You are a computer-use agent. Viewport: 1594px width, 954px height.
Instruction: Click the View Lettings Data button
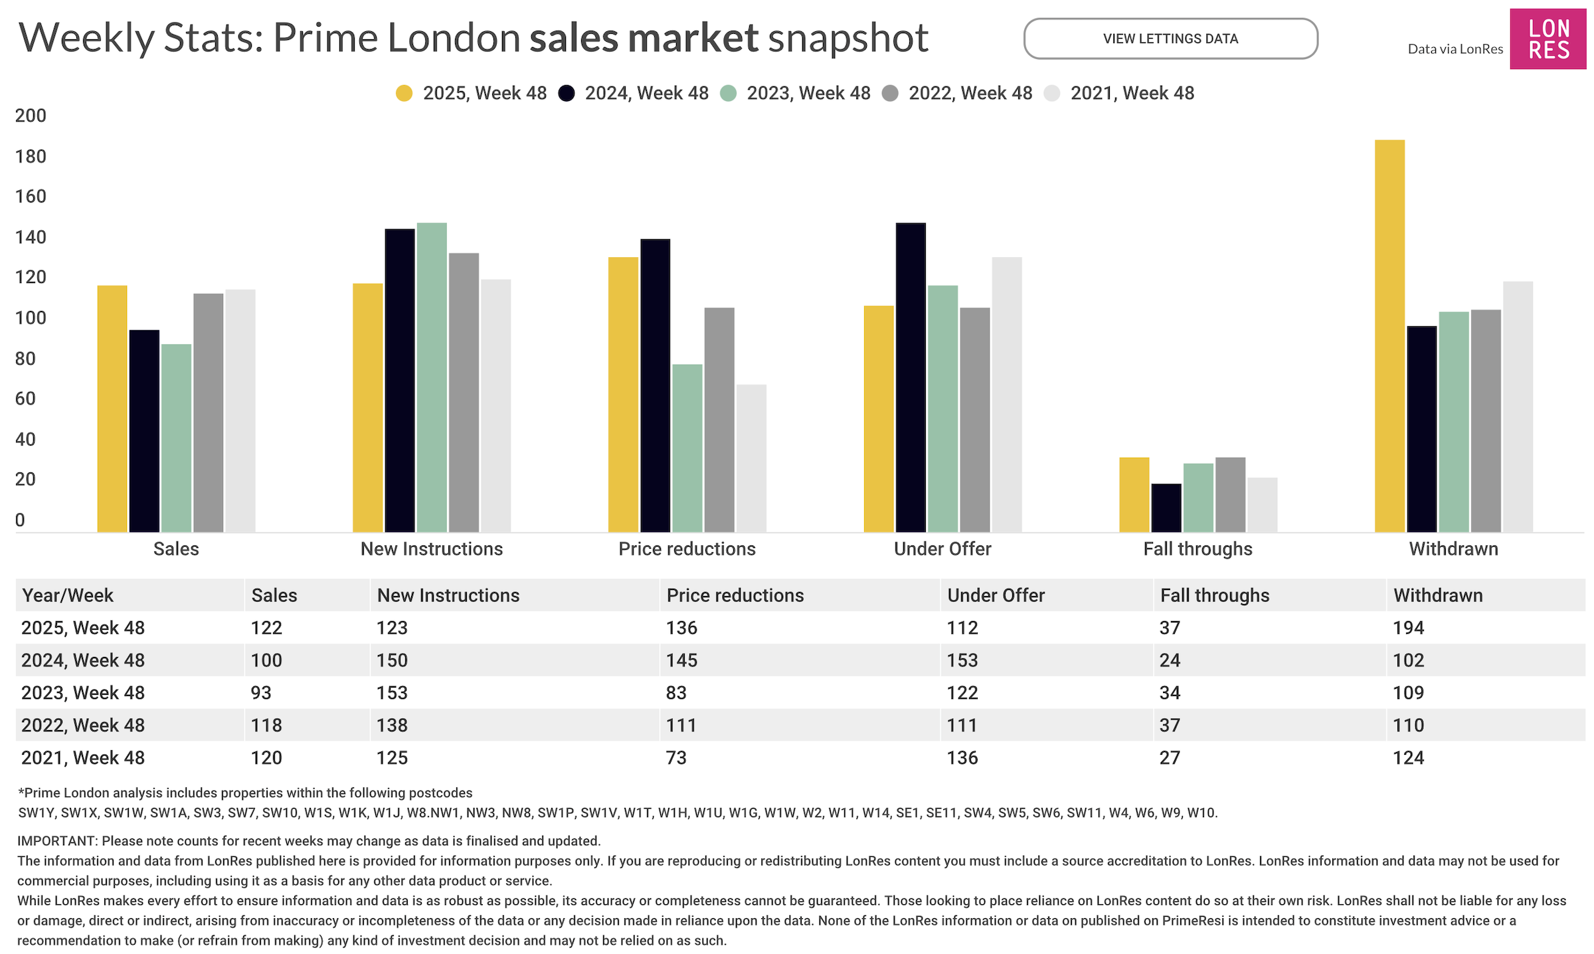tap(1170, 39)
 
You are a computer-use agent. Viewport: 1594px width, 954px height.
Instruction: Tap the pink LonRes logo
tap(1548, 39)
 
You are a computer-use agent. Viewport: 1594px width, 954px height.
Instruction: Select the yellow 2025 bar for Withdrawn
tap(1389, 335)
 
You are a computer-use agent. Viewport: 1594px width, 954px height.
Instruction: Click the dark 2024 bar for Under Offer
tap(911, 377)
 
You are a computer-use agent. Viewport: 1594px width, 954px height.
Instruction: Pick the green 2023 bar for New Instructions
tap(432, 377)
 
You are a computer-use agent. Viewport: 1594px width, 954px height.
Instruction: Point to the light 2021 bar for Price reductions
tap(751, 458)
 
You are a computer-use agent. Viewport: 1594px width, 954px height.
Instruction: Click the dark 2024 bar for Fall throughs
tap(1166, 508)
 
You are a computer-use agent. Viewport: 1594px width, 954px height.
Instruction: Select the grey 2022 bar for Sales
tap(209, 413)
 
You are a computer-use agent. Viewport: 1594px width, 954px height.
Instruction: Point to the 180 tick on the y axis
tap(31, 156)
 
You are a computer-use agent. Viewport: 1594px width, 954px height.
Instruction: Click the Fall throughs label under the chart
tap(1197, 549)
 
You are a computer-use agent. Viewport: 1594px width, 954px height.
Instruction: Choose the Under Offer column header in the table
tap(996, 595)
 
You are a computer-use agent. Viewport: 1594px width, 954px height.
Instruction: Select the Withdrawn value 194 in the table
tap(1408, 628)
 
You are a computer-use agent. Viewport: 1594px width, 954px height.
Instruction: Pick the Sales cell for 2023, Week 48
tap(261, 693)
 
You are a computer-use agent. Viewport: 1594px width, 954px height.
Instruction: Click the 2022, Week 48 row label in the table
tap(83, 725)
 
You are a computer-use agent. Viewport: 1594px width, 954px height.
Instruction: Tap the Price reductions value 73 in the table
tap(676, 758)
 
